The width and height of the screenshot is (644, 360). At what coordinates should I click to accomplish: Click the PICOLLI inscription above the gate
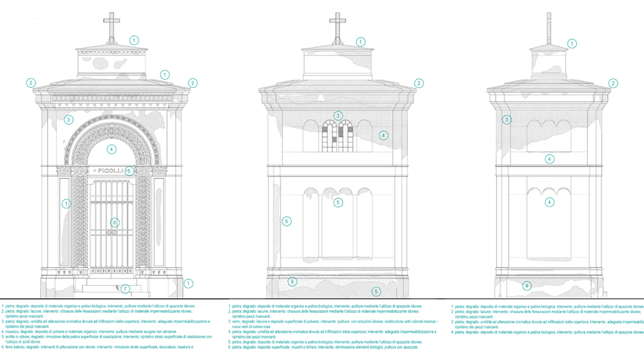click(111, 170)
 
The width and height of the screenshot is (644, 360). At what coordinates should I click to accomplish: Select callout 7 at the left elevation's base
click(125, 289)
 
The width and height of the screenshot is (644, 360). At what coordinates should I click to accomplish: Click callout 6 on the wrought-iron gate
click(115, 222)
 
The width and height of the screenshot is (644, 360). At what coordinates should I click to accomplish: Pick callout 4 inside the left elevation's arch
click(111, 149)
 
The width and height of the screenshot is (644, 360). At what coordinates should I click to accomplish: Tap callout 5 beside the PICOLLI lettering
click(129, 170)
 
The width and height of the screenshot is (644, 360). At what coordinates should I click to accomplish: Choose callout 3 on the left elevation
click(69, 120)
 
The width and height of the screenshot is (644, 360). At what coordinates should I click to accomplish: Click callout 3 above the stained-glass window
click(338, 116)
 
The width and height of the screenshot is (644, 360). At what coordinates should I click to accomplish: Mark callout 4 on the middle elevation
click(383, 136)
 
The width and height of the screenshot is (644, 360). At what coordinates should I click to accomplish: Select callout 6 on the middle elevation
click(294, 282)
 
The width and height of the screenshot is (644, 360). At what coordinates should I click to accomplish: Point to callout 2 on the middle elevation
click(419, 83)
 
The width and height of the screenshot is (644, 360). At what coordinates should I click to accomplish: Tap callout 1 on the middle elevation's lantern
click(360, 42)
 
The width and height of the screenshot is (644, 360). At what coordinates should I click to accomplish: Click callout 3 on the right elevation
click(507, 120)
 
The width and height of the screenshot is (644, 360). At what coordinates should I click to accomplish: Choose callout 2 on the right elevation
click(613, 83)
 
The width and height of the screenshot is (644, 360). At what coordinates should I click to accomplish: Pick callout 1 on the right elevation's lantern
click(572, 44)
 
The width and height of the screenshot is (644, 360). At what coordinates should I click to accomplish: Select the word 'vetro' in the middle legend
click(239, 322)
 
